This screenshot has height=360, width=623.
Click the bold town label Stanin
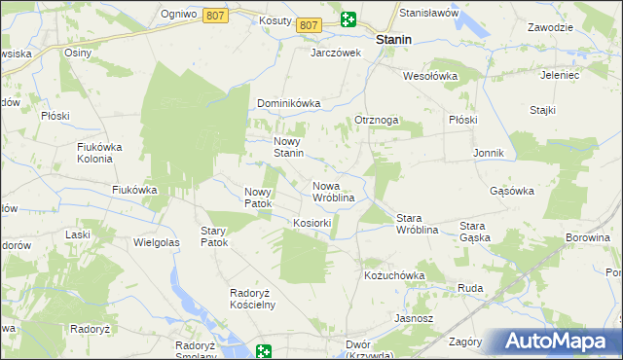coord(393,40)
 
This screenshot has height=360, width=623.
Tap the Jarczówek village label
coord(336,53)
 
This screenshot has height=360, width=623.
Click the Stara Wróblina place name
coord(421,224)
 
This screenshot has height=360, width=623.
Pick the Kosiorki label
coord(312,223)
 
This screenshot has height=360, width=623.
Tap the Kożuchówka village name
coord(394,275)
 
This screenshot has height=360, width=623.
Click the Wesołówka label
coord(430,75)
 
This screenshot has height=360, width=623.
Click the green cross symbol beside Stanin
coord(348,18)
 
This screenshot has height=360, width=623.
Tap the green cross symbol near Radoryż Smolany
coord(264,350)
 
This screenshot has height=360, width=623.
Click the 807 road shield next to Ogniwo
coord(216,16)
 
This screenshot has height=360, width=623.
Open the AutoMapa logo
coord(559,342)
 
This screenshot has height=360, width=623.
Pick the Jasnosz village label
coord(414,318)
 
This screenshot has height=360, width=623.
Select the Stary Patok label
coord(213,236)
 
